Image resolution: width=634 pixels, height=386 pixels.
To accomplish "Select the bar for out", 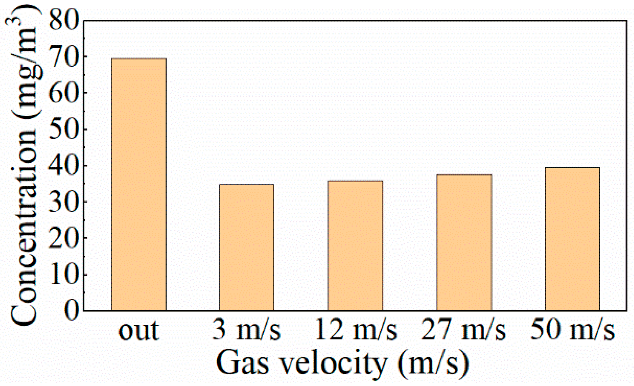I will tap(139, 184).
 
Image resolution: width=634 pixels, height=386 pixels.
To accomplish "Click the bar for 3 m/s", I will tap(247, 247).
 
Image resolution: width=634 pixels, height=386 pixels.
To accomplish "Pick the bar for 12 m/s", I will tap(355, 245).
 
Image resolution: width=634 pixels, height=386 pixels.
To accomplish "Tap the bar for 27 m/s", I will tap(464, 243).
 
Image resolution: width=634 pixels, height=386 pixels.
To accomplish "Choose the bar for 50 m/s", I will tap(572, 239).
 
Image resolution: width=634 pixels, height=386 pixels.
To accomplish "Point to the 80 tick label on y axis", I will tap(64, 20).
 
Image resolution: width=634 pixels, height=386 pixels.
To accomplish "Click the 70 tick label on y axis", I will tap(64, 57).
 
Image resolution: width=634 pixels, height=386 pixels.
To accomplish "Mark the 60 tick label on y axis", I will tap(64, 93).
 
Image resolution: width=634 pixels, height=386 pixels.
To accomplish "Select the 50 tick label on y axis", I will tap(64, 129).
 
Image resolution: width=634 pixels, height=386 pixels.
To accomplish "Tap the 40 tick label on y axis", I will tap(64, 165).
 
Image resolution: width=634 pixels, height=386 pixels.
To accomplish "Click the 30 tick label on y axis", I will tap(64, 202).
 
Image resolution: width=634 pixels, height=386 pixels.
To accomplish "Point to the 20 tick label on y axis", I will tap(64, 238).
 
